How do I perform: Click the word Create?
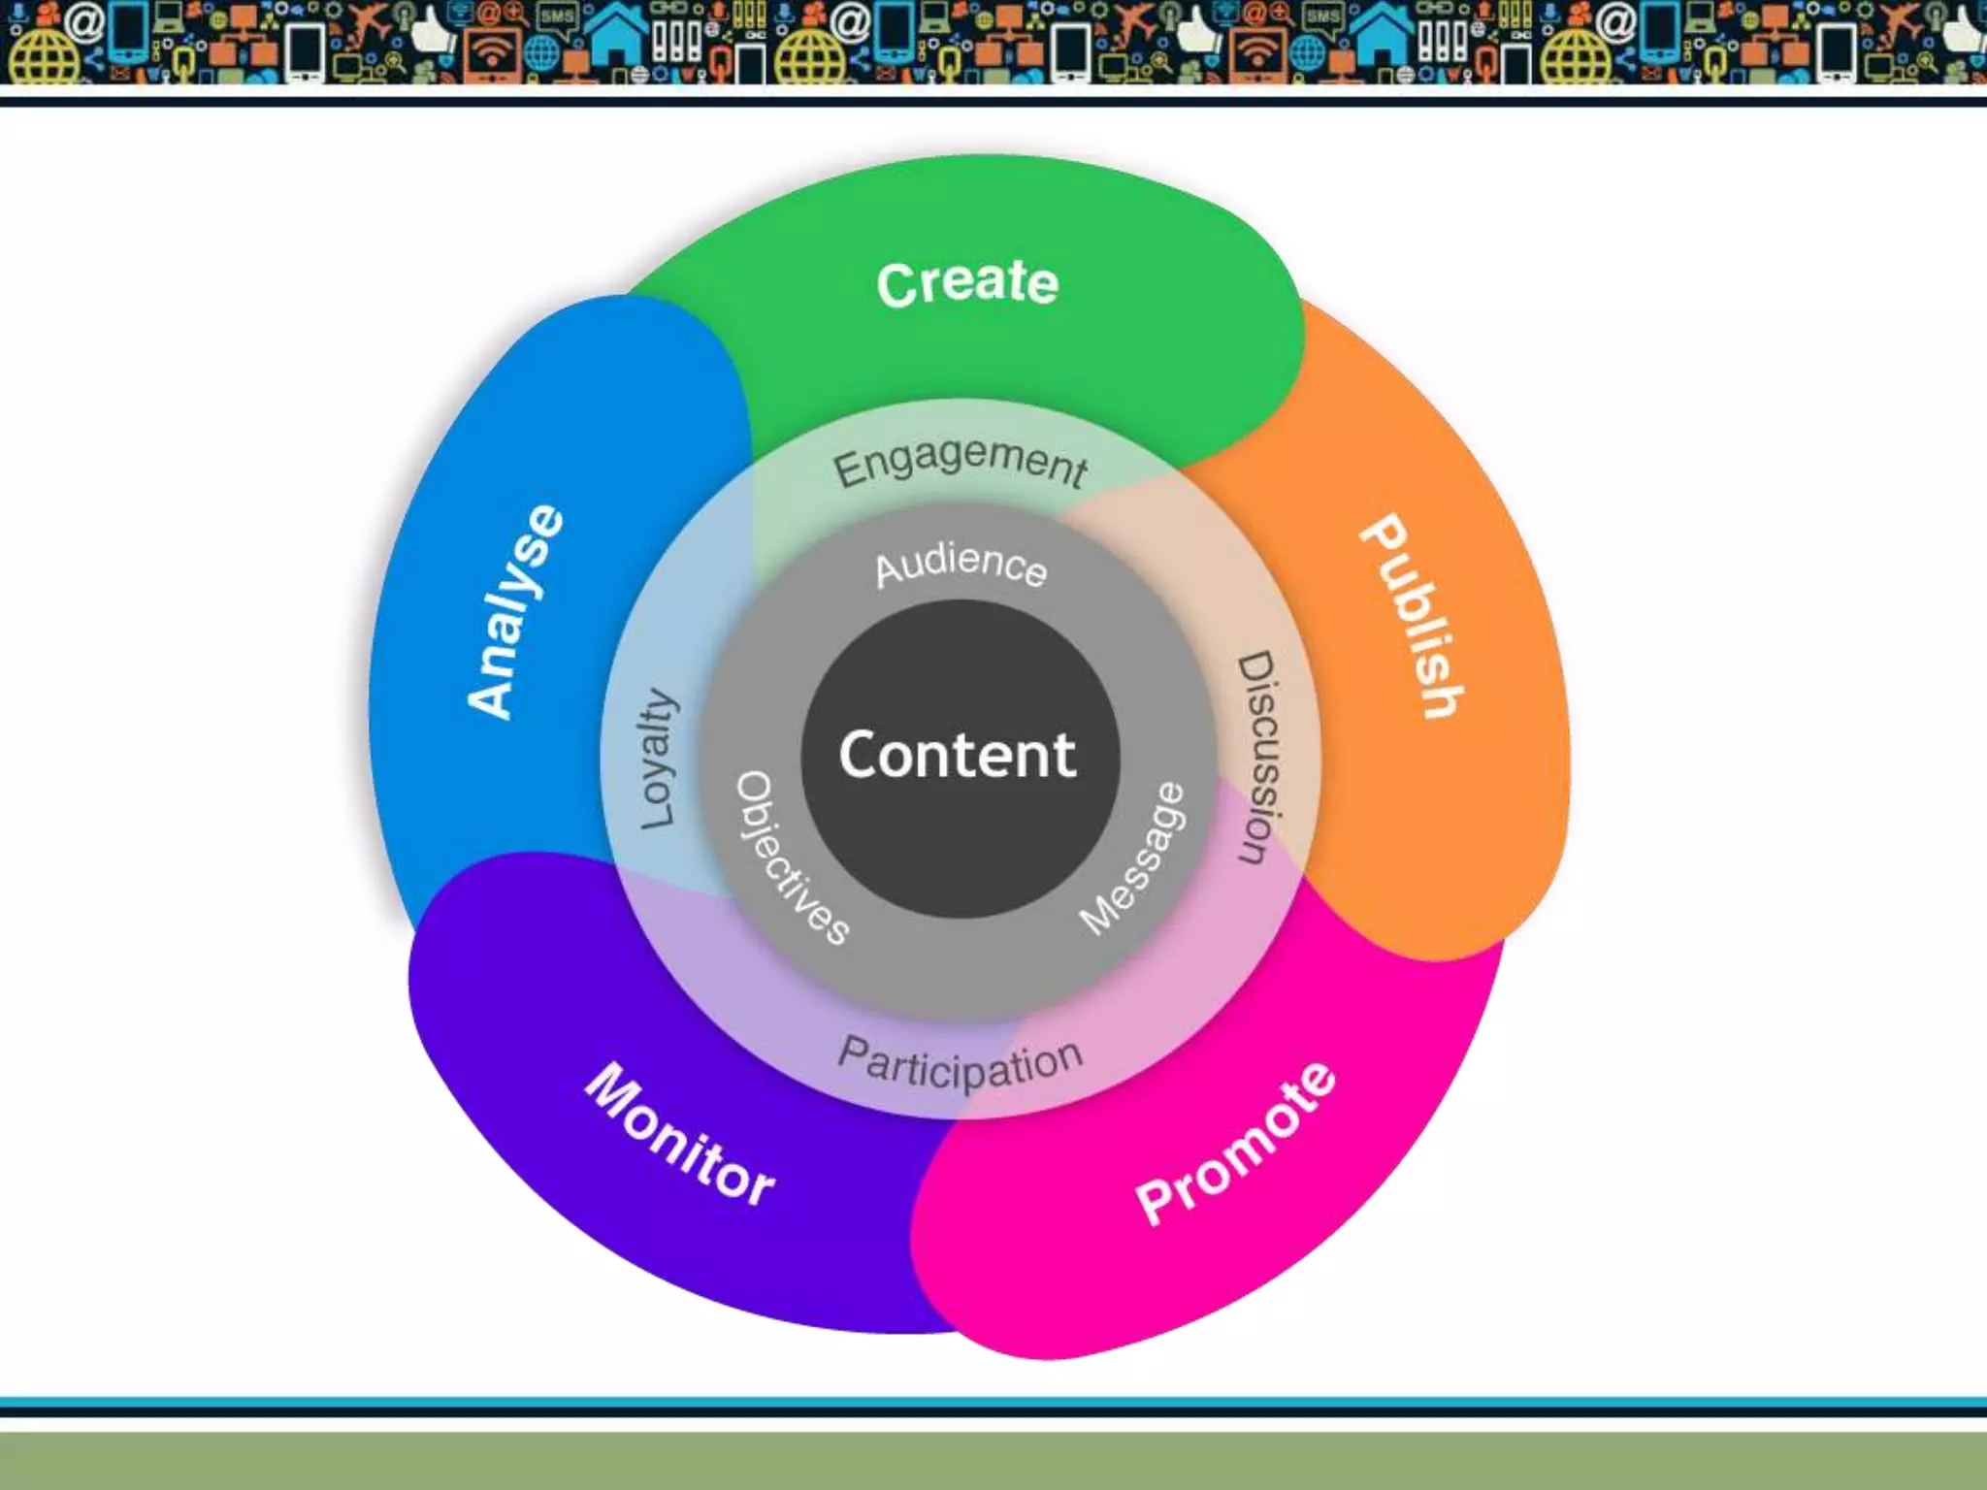click(967, 283)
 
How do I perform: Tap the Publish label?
click(1412, 617)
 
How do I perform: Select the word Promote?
click(1235, 1145)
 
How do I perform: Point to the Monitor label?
click(680, 1135)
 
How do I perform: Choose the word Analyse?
click(515, 612)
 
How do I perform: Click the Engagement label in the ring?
click(961, 463)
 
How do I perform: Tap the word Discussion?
click(1257, 758)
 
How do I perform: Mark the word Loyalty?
click(657, 760)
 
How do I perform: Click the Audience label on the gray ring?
click(961, 566)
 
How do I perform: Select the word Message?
click(1133, 859)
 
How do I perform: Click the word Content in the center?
click(959, 756)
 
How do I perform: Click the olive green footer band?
click(993, 1461)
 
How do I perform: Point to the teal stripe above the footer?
click(993, 1402)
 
